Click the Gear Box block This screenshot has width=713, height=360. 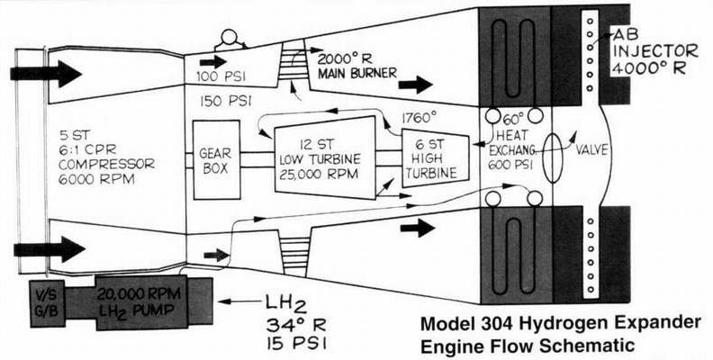coord(217,159)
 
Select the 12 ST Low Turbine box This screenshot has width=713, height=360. coord(324,155)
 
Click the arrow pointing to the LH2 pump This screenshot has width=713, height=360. coord(236,302)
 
